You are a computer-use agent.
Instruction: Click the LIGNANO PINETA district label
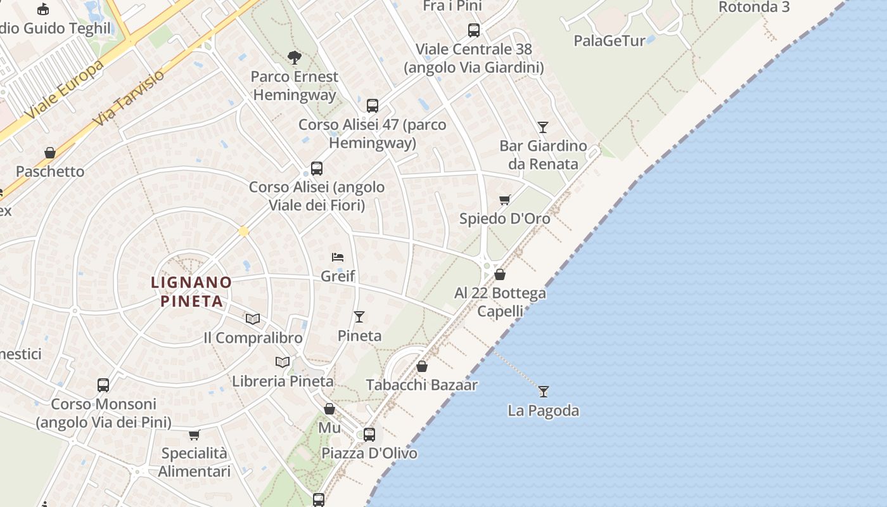click(191, 291)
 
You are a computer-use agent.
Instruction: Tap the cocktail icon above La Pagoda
click(543, 391)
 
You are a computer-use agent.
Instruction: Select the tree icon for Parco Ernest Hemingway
click(294, 58)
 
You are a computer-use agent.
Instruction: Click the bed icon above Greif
click(338, 257)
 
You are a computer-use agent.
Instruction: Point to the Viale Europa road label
click(65, 91)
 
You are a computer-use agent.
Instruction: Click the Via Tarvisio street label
click(128, 96)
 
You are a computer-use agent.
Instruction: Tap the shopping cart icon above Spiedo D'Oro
click(505, 200)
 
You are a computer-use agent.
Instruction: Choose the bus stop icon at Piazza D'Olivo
click(369, 435)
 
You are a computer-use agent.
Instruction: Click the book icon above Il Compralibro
click(253, 319)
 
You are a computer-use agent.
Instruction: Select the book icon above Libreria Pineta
click(283, 362)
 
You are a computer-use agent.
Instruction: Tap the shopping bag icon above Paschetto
click(50, 153)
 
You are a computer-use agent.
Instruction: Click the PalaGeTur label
click(609, 41)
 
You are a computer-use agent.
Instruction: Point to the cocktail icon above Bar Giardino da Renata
click(543, 127)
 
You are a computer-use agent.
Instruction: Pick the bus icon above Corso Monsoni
click(103, 385)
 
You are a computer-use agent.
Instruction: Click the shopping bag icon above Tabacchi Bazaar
click(422, 366)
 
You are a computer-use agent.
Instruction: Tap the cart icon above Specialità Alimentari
click(195, 435)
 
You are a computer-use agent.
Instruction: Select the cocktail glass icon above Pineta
click(359, 317)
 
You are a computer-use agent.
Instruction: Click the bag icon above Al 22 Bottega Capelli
click(500, 274)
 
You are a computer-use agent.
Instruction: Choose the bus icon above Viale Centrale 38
click(473, 30)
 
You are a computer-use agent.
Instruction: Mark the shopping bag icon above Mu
click(329, 409)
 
